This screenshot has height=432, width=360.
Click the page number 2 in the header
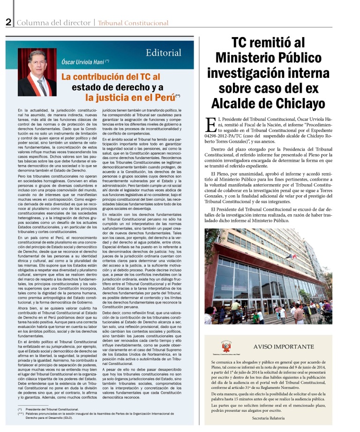point(8,22)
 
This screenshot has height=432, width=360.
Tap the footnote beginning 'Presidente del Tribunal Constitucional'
point(53,409)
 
